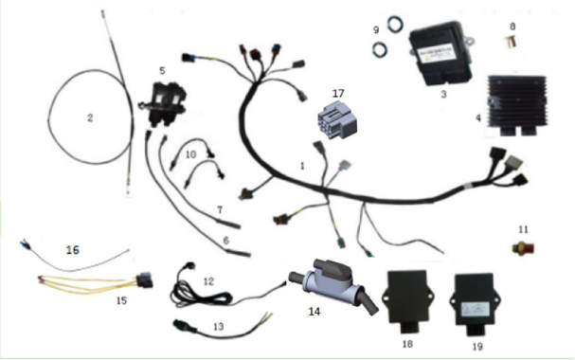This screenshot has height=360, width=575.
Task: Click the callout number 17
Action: point(338,94)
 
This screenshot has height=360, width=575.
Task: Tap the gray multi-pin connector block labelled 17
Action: point(337,120)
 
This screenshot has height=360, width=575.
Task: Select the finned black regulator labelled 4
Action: point(516,105)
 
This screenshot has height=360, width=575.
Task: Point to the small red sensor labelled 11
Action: point(523,249)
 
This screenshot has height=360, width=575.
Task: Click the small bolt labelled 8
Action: point(512,41)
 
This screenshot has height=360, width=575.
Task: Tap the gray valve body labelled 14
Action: point(332,287)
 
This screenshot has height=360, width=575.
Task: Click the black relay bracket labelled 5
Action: point(164,104)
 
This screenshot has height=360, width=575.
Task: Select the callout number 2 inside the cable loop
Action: point(90,117)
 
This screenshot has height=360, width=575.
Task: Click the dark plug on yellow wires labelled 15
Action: point(145,280)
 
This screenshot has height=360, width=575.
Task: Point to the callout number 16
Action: point(73,250)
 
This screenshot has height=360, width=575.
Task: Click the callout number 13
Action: point(219,326)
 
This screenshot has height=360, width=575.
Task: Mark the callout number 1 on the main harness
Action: point(302,166)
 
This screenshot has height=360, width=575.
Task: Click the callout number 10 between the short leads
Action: point(190,154)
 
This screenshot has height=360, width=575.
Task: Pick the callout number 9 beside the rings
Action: point(376,29)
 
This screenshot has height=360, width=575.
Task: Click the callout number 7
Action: point(220,209)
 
